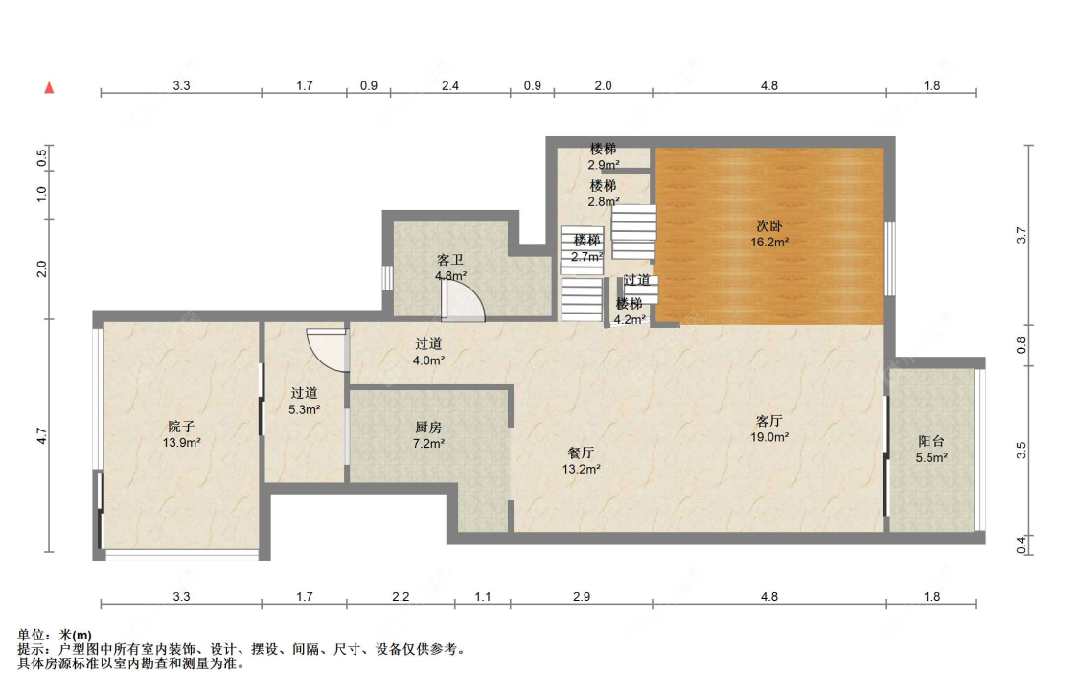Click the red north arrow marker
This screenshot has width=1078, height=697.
[49, 87]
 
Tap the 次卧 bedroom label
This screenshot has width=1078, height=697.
[769, 225]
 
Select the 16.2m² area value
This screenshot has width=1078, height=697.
[769, 243]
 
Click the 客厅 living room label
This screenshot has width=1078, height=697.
[769, 420]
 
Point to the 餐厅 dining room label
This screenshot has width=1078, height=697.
[581, 453]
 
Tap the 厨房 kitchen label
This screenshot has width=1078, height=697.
[428, 428]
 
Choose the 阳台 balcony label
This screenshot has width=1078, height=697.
[931, 441]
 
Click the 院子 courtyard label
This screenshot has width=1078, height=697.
[181, 427]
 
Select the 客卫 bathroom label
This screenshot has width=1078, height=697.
[450, 260]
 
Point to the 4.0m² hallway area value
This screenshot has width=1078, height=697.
[428, 360]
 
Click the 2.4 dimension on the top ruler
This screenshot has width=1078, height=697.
[450, 86]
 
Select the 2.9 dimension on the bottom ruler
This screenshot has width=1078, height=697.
[582, 596]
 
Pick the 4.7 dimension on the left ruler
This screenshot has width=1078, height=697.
[42, 436]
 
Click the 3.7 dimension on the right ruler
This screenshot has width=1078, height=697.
[1021, 235]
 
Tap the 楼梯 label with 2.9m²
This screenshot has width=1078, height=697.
[603, 149]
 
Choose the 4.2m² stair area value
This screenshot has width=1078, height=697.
[630, 320]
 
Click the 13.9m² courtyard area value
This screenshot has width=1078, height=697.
[181, 443]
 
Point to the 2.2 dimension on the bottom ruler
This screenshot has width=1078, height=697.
[401, 596]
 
